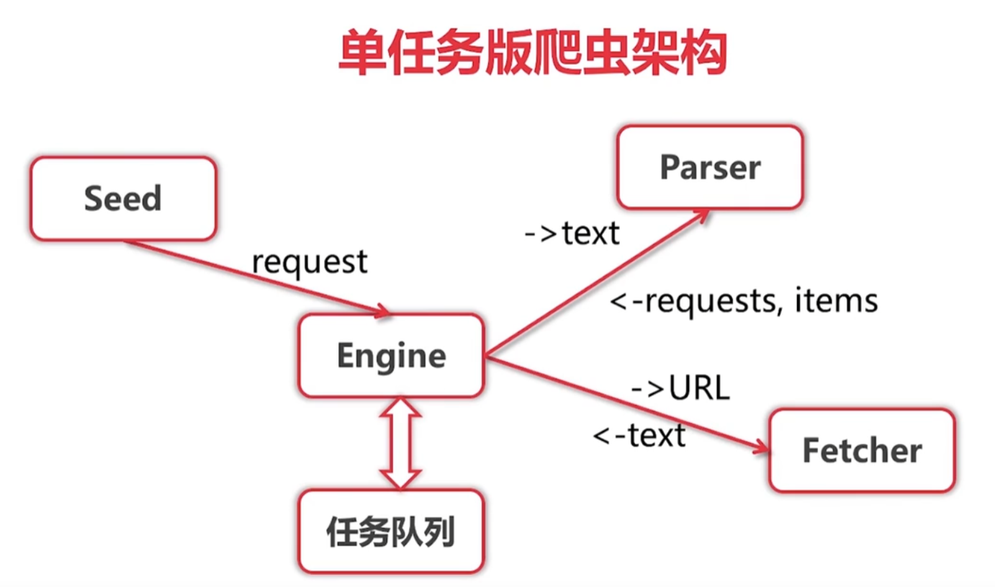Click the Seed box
122,199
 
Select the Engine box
391,356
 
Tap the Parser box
709,168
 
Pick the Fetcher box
862,451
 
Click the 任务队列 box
391,532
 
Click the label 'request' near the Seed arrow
310,261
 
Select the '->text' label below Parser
572,233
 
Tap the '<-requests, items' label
744,300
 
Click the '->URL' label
680,389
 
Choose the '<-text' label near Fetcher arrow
639,435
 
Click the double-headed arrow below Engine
400,443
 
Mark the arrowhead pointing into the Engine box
381,311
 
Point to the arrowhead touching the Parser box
701,215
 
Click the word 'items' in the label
837,300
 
